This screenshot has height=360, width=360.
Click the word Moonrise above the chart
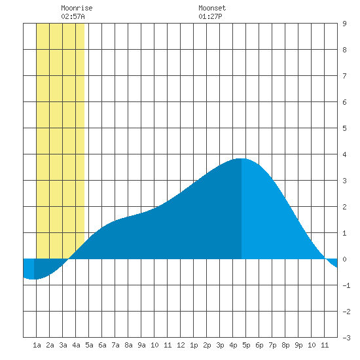click(77, 8)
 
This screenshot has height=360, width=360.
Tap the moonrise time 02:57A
click(73, 16)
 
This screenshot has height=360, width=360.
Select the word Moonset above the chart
click(212, 8)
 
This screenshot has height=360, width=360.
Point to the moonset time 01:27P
click(210, 16)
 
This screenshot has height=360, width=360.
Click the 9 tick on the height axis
click(344, 24)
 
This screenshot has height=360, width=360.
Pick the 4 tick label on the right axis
click(344, 154)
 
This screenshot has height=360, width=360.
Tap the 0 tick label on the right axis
click(344, 259)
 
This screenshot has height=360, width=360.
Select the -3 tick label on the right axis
click(346, 338)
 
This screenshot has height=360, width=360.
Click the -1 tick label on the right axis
click(346, 285)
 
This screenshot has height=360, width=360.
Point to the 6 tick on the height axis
click(344, 102)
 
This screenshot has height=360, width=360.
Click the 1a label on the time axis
click(37, 345)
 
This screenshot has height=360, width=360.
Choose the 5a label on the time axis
click(89, 345)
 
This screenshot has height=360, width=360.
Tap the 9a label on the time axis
click(141, 345)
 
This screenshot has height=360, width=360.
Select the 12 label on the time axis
click(181, 345)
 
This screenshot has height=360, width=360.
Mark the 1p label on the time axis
click(194, 345)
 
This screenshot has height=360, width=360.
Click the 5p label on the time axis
click(246, 345)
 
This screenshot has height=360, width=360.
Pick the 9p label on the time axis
click(298, 345)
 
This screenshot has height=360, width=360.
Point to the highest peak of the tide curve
click(241, 158)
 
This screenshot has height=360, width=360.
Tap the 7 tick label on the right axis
click(344, 76)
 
